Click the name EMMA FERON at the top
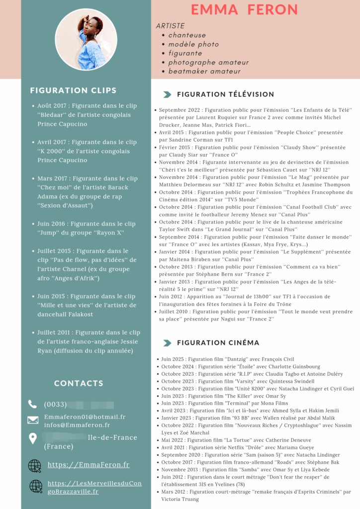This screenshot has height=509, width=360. click(x=245, y=9)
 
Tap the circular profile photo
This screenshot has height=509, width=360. click(x=86, y=40)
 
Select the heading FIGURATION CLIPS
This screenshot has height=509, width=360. click(x=73, y=90)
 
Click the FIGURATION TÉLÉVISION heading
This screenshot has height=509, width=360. click(x=225, y=94)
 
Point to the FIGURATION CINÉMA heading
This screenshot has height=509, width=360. click(x=218, y=342)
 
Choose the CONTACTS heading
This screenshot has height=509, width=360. click(x=79, y=383)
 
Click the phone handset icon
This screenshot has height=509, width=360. click(x=33, y=404)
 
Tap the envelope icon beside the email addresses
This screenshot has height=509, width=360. click(x=33, y=420)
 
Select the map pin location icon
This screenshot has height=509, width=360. click(x=33, y=438)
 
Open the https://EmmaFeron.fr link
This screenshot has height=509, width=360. click(x=89, y=465)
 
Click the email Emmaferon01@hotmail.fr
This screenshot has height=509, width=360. click(x=85, y=417)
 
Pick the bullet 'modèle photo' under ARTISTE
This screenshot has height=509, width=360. click(x=193, y=44)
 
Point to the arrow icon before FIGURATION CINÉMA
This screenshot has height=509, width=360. click(x=167, y=343)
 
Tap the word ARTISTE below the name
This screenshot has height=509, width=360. click(x=170, y=26)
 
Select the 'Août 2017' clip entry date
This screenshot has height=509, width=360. click(x=52, y=106)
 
